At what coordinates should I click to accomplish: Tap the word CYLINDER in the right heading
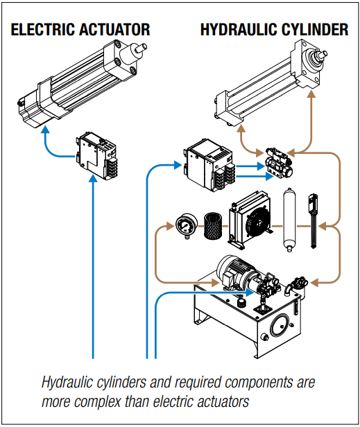316,30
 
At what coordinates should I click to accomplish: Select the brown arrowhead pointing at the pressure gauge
166,225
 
